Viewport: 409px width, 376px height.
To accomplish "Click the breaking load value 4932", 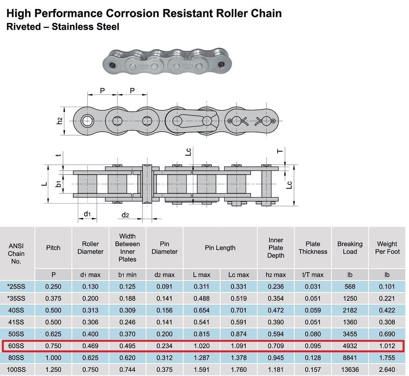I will pos(350,346).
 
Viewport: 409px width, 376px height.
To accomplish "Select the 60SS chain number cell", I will pos(16,346).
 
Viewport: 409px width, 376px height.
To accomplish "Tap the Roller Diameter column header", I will pos(90,248).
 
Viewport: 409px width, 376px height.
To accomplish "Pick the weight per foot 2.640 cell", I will pos(387,370).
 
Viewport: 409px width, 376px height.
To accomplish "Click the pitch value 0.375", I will pos(53,298).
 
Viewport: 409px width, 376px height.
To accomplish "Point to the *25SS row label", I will pos(16,287).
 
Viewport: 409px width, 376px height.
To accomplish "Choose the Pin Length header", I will pos(220,248).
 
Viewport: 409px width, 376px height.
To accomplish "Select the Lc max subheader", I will pos(239,275).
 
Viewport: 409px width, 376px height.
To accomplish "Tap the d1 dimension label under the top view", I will pos(87,214).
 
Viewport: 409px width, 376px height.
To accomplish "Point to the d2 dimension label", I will pos(125,215).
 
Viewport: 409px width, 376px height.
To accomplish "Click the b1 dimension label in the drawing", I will pos(58,184).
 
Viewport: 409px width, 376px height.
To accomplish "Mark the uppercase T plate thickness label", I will pos(280,151).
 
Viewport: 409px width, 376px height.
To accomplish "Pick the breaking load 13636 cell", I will pos(350,370).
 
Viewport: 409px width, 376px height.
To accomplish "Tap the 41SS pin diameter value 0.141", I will pos(164,322).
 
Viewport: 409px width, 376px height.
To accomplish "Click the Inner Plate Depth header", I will pos(276,248).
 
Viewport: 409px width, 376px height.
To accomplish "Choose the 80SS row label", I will pos(16,358).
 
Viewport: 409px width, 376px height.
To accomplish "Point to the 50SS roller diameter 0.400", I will pos(90,334).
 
